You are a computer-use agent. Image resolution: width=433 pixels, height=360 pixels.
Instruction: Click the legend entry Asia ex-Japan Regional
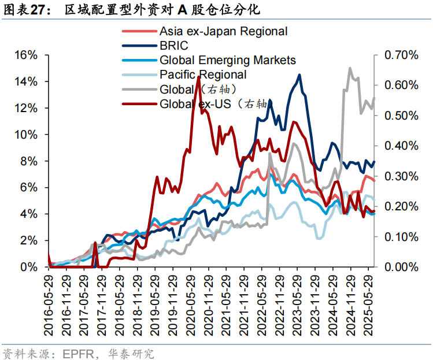(x=223, y=31)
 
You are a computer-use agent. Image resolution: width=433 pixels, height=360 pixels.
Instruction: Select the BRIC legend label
(x=174, y=46)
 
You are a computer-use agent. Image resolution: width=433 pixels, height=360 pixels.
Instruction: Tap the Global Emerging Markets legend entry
(x=227, y=60)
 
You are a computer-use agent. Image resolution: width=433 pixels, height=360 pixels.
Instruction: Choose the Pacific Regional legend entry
(x=203, y=75)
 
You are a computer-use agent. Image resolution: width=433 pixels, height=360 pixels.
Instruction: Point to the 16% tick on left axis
(x=26, y=55)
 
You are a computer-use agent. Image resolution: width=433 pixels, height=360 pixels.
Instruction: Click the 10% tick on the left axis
(x=26, y=135)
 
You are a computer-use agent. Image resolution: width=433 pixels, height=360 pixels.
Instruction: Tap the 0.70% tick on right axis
(x=402, y=55)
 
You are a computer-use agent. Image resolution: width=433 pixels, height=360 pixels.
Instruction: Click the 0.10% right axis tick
(x=402, y=237)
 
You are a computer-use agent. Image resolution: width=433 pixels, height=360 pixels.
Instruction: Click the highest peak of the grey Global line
(x=350, y=68)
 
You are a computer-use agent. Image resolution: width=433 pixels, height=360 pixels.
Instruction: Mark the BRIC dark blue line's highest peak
(x=299, y=75)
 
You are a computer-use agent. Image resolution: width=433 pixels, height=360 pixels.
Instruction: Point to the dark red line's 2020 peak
(x=198, y=77)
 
